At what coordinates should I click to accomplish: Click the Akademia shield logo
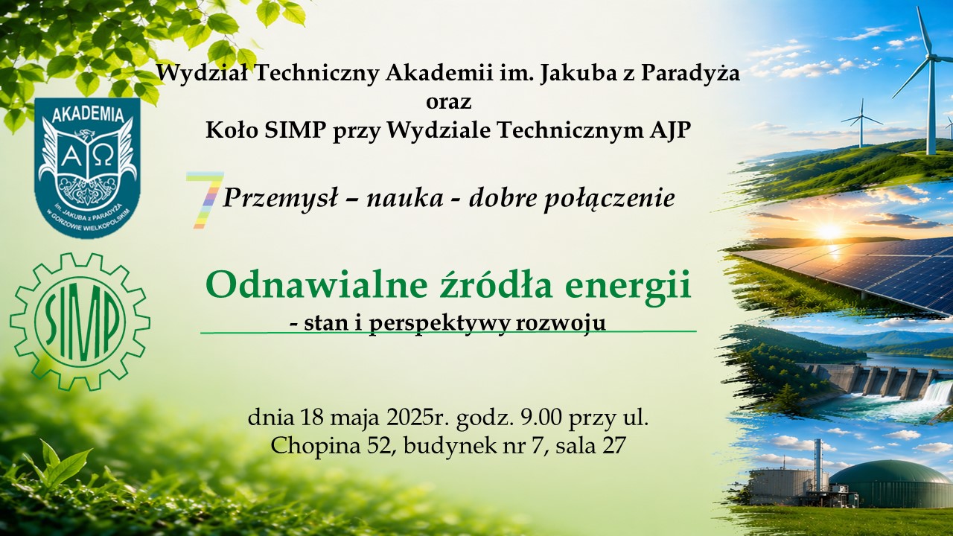[x=87, y=167]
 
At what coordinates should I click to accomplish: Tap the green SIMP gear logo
[x=80, y=322]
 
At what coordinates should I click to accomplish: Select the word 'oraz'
[x=448, y=103]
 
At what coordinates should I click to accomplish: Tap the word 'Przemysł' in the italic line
[x=280, y=198]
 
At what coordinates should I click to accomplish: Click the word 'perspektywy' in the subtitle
[x=439, y=324]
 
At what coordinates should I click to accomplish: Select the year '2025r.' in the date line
[x=416, y=418]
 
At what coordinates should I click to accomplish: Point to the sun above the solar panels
[x=829, y=232]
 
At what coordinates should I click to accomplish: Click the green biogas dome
[x=892, y=484]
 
